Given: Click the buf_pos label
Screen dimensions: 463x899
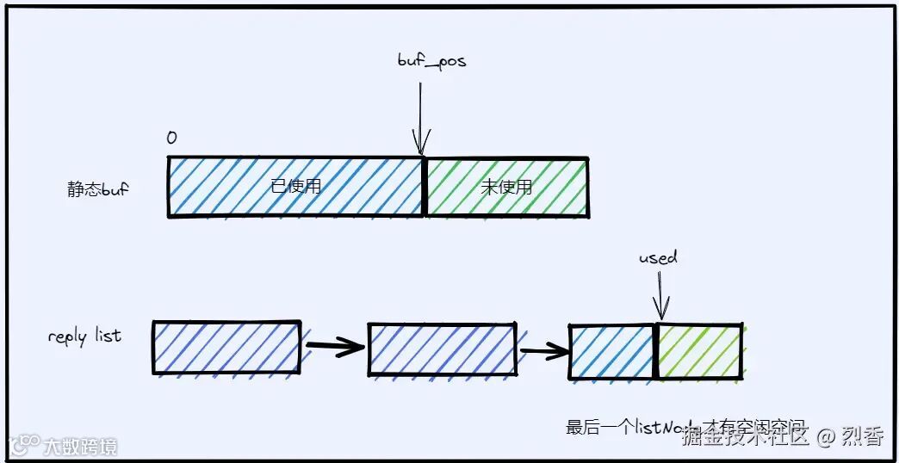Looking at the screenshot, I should (x=431, y=61).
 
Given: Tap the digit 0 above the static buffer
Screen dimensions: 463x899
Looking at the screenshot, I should (x=171, y=139).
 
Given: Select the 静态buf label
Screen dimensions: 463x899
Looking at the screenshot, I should (x=97, y=189).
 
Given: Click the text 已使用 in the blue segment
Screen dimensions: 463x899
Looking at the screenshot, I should (x=295, y=186).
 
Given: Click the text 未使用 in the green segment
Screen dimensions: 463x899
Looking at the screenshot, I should (x=506, y=187).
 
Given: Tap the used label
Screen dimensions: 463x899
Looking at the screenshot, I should (x=658, y=257).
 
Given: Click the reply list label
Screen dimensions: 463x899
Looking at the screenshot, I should (x=84, y=336).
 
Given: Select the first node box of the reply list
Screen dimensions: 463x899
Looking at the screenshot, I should (x=226, y=348).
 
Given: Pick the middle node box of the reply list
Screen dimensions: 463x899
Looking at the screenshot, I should (x=442, y=349).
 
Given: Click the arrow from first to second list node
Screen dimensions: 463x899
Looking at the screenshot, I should (x=334, y=348).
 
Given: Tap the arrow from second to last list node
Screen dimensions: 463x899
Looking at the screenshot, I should (x=542, y=349).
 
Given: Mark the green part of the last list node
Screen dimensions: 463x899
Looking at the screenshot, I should (x=700, y=351).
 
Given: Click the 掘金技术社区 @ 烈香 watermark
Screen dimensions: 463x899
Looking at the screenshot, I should (x=782, y=436).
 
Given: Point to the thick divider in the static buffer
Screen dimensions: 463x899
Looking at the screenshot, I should (x=424, y=187).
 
